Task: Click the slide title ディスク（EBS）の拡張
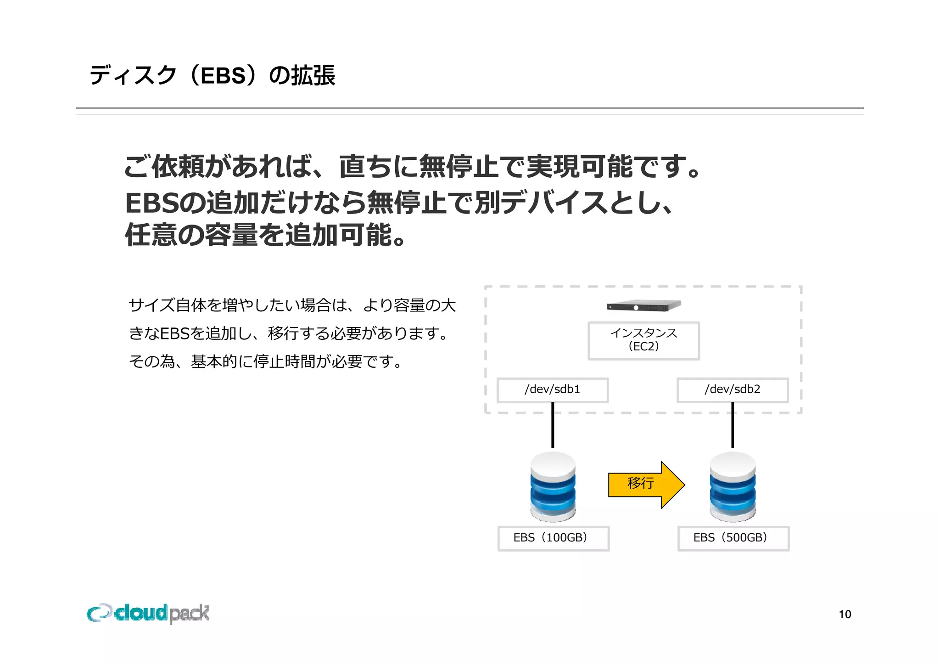coord(212,75)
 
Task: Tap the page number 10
coord(845,614)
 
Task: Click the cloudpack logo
coord(148,613)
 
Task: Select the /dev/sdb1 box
coord(553,390)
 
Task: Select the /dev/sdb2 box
coord(733,390)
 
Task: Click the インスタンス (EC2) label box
coord(643,340)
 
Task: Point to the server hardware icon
coord(643,305)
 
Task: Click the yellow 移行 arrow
coord(645,484)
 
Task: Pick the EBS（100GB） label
coord(553,538)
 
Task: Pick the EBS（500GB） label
coord(733,538)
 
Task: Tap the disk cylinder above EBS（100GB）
coord(553,487)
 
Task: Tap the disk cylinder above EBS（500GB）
coord(733,487)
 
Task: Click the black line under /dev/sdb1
coord(553,425)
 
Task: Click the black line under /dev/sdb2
coord(733,425)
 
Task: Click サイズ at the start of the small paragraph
coord(151,305)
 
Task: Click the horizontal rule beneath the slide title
coord(470,108)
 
